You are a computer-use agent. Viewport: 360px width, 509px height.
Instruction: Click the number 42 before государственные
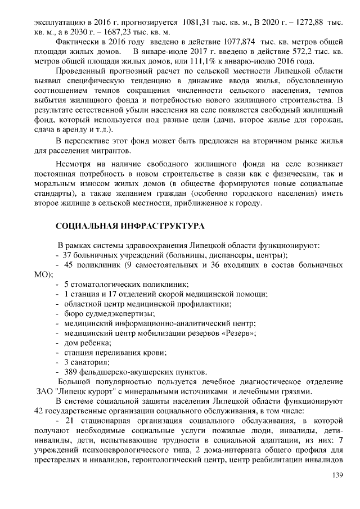pos(39,411)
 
